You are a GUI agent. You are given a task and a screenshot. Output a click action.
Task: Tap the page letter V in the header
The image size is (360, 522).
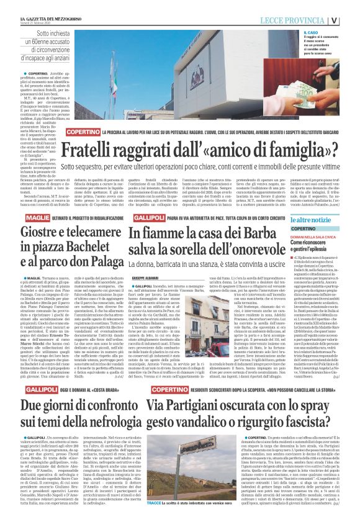pyautogui.click(x=351, y=20)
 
